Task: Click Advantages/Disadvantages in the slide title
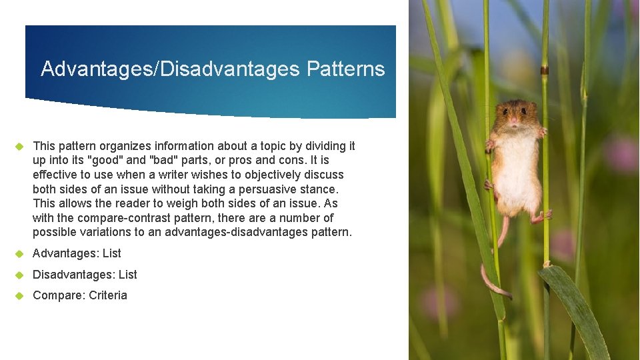point(170,69)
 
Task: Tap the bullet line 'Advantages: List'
point(77,253)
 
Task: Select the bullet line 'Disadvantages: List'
point(85,275)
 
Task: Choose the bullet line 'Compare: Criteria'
point(79,295)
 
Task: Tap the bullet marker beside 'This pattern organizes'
point(19,146)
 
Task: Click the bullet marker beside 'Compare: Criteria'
point(19,295)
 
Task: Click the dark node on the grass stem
point(545,70)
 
